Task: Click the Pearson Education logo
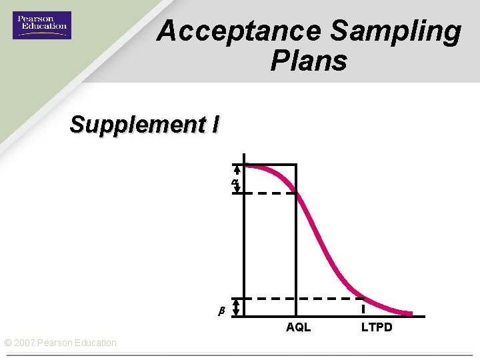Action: tap(41, 25)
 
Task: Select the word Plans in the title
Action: tap(309, 61)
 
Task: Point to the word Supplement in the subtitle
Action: tap(137, 124)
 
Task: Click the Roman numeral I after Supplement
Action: tap(215, 124)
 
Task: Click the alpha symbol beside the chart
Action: tap(234, 181)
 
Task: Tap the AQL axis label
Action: tap(298, 327)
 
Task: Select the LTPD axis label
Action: tap(377, 327)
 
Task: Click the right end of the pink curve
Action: tap(410, 313)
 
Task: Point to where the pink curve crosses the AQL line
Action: tap(297, 193)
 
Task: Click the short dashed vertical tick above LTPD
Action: tap(363, 308)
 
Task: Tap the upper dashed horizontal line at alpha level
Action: tap(267, 193)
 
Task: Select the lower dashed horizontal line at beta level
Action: tap(300, 298)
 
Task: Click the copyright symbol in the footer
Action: tap(8, 343)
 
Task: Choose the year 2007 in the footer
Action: tap(25, 343)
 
